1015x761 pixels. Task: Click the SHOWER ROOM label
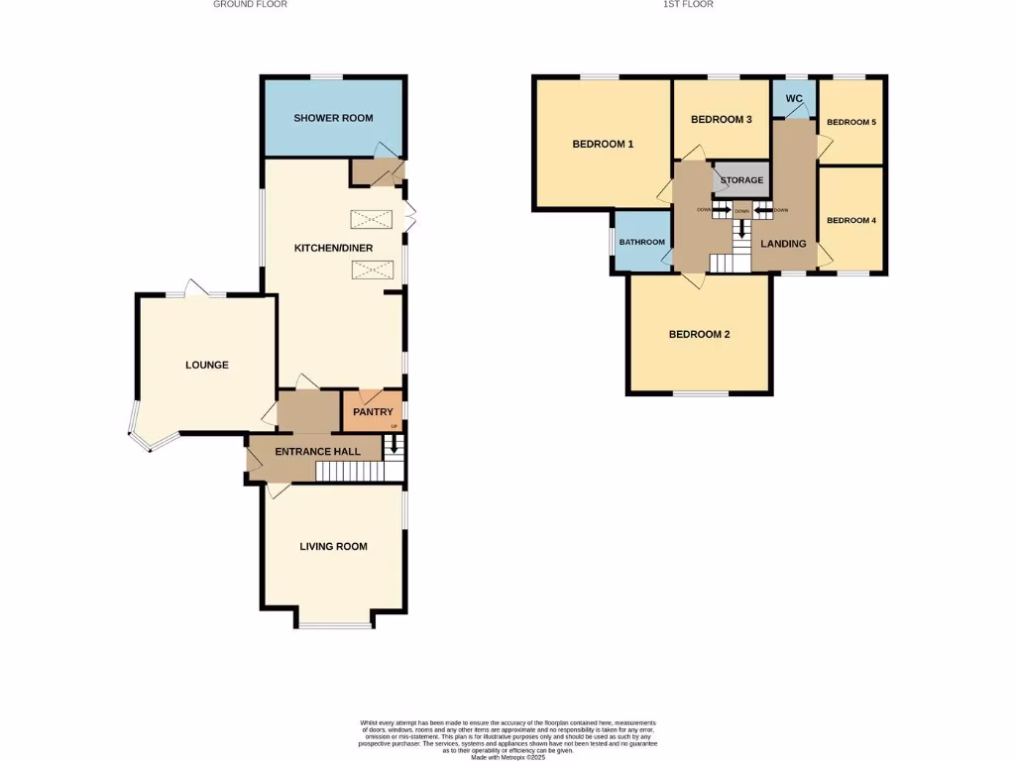[333, 118]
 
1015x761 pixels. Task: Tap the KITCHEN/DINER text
[333, 247]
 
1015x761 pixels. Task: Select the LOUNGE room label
[206, 365]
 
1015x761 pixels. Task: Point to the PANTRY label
[373, 412]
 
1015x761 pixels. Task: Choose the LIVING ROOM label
[333, 546]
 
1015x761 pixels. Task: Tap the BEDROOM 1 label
[603, 144]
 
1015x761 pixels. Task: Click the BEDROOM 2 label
[699, 334]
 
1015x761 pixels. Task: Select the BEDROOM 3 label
[721, 120]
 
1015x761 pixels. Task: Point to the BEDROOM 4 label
[851, 220]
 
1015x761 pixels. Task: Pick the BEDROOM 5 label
[851, 122]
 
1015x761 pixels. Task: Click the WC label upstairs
[793, 99]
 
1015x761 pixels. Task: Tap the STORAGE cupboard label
[741, 180]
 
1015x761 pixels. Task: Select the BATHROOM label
[641, 242]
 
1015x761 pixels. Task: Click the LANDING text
[783, 244]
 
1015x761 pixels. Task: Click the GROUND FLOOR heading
[250, 5]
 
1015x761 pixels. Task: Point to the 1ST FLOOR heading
[689, 5]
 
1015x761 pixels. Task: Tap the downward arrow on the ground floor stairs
[394, 446]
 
